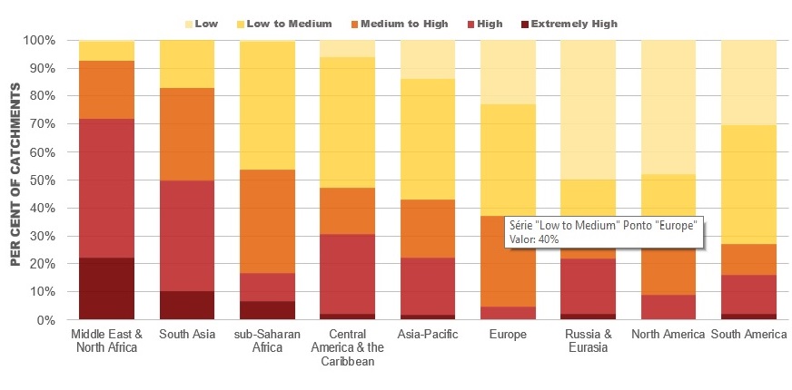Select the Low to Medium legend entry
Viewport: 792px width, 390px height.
click(x=283, y=24)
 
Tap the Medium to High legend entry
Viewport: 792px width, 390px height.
click(x=403, y=24)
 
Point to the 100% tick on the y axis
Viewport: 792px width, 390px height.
click(x=41, y=41)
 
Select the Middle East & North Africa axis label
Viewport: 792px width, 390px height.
click(x=106, y=341)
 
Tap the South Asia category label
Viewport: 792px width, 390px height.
click(x=187, y=335)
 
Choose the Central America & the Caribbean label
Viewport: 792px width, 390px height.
click(x=348, y=347)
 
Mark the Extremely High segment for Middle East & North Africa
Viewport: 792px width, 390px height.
click(x=106, y=288)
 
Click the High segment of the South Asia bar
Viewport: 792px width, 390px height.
click(x=187, y=236)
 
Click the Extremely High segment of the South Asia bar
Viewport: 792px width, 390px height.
click(x=187, y=306)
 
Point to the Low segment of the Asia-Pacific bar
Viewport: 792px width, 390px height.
click(x=428, y=60)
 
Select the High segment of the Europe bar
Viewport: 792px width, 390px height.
click(x=508, y=313)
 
